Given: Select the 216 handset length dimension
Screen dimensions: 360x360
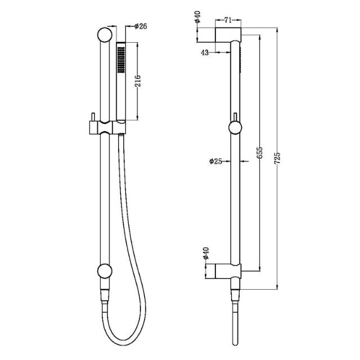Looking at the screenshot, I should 145,82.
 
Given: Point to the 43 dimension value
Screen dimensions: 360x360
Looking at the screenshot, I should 205,52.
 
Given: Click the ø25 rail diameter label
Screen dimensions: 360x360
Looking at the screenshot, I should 217,161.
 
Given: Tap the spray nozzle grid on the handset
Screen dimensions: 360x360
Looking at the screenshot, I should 120,60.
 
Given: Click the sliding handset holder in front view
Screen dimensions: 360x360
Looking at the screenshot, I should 107,127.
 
